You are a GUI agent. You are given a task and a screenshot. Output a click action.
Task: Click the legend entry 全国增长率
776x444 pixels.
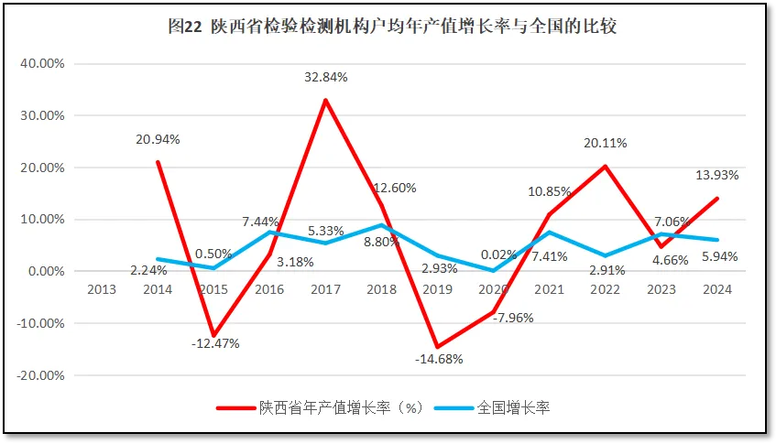pyautogui.click(x=513, y=408)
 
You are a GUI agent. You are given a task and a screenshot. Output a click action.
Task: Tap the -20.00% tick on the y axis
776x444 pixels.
pyautogui.click(x=40, y=375)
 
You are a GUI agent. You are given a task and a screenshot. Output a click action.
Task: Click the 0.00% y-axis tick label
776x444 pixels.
pyautogui.click(x=44, y=272)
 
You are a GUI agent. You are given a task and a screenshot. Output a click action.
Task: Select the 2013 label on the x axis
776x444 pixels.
pyautogui.click(x=102, y=290)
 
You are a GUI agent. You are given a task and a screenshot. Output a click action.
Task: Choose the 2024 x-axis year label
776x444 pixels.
pyautogui.click(x=716, y=290)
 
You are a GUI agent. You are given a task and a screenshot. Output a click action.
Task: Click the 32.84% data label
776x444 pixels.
pyautogui.click(x=325, y=78)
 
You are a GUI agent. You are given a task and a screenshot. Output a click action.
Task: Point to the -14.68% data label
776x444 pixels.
pyautogui.click(x=437, y=359)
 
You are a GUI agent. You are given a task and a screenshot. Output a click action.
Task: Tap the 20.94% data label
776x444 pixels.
pyautogui.click(x=158, y=140)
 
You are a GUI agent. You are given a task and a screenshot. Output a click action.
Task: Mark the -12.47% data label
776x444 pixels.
pyautogui.click(x=213, y=344)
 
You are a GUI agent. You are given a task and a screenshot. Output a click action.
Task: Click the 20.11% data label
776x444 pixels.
pyautogui.click(x=604, y=143)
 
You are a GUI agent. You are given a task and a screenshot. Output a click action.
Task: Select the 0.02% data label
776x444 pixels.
pyautogui.click(x=494, y=256)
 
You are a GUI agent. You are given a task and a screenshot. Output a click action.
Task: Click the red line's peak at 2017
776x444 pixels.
pyautogui.click(x=325, y=100)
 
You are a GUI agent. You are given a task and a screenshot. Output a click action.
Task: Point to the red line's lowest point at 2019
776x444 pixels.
pyautogui.click(x=437, y=347)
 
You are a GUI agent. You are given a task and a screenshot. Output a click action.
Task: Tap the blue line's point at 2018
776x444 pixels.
pyautogui.click(x=381, y=225)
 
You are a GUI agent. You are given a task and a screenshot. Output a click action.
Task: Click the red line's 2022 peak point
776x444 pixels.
pyautogui.click(x=606, y=167)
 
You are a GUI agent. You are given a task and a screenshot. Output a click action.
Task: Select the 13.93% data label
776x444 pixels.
pyautogui.click(x=717, y=175)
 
